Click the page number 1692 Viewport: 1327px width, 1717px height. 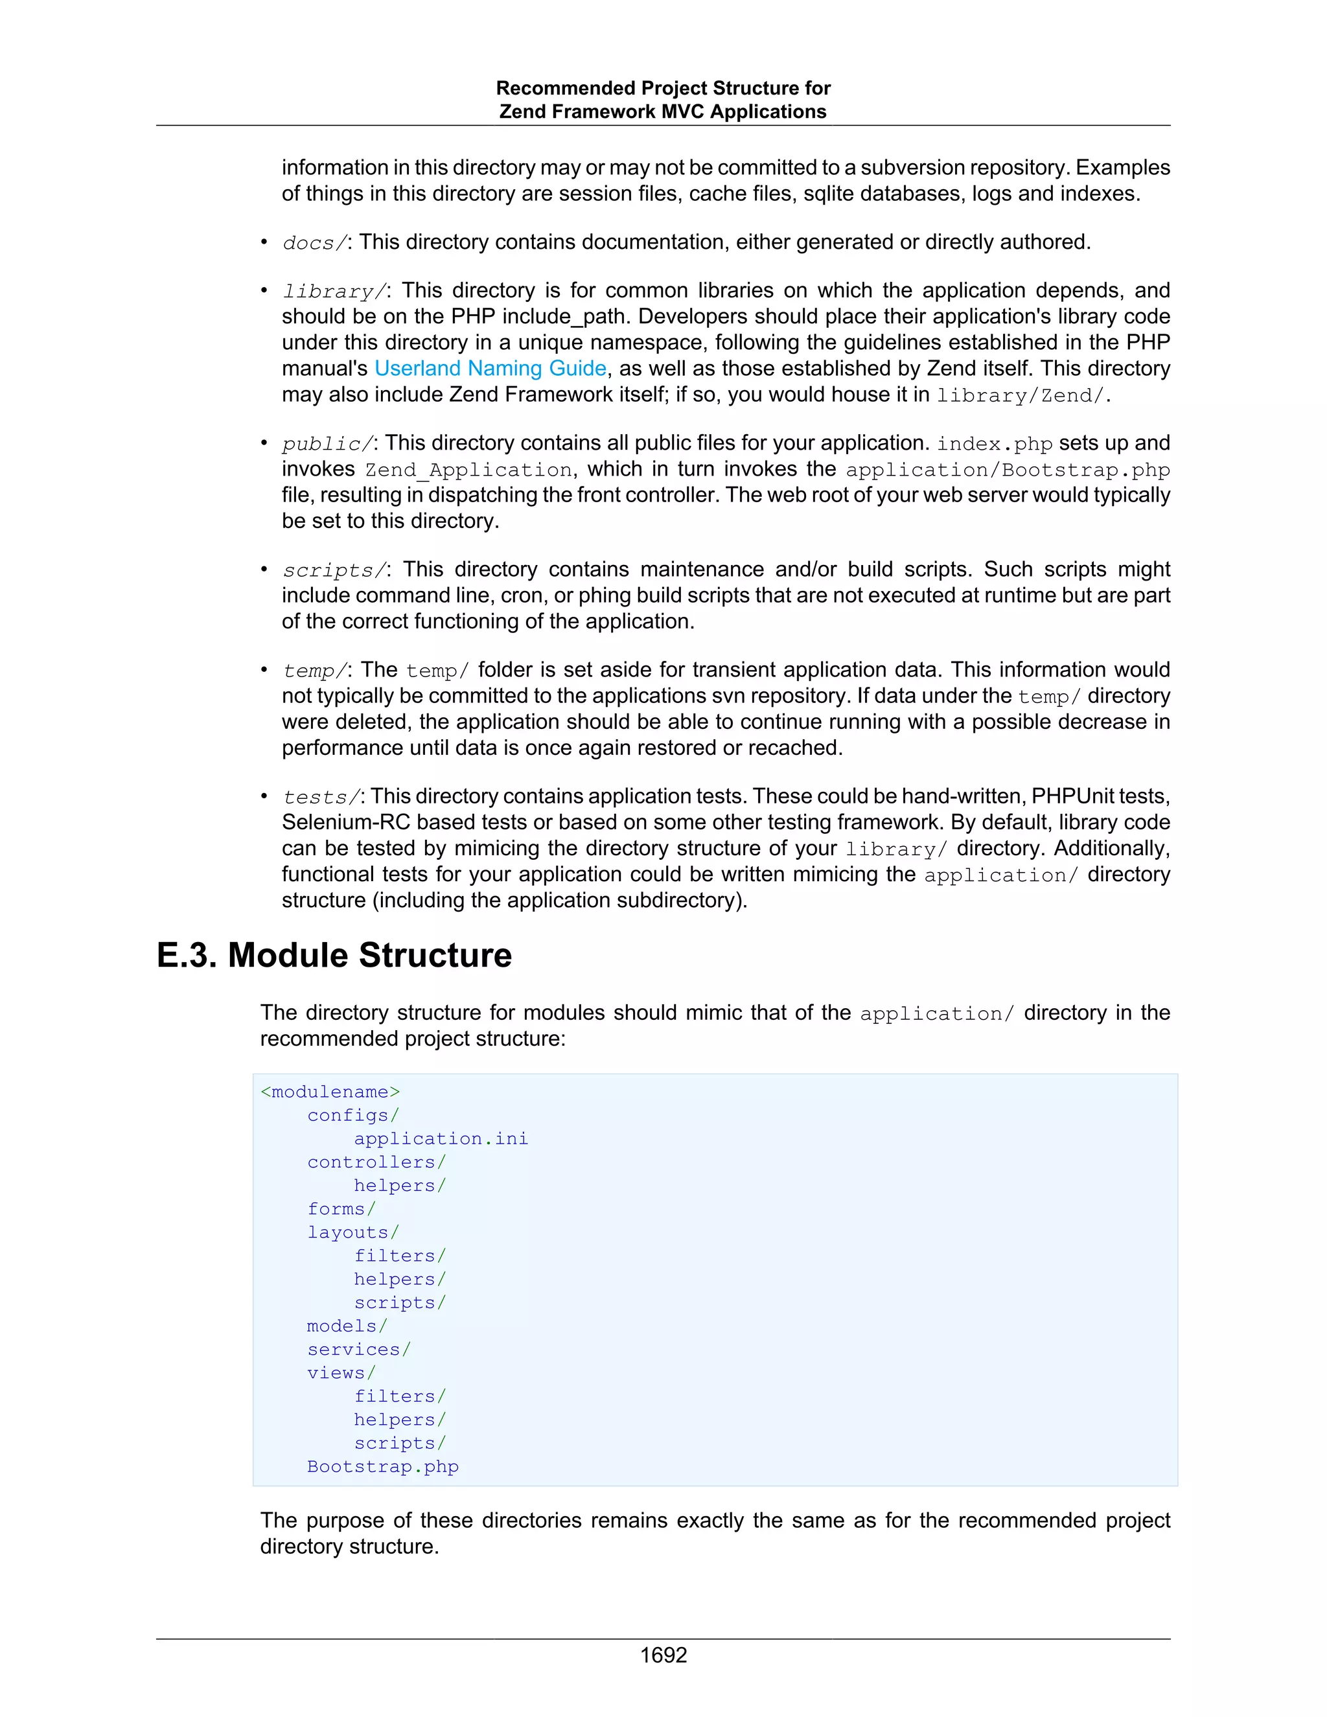click(x=663, y=1655)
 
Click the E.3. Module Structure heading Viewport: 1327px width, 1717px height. click(x=334, y=955)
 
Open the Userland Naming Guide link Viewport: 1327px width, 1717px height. click(x=490, y=368)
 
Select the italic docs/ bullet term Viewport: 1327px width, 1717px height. click(x=314, y=243)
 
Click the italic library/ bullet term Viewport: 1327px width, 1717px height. click(x=333, y=292)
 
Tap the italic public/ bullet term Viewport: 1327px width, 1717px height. click(x=327, y=444)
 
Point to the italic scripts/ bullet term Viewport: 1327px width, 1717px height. click(x=333, y=570)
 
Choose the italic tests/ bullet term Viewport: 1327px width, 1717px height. click(x=320, y=797)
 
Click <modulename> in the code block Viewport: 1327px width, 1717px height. click(x=330, y=1092)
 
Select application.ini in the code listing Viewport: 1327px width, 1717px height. click(x=440, y=1138)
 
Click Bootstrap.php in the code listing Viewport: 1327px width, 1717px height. click(x=383, y=1466)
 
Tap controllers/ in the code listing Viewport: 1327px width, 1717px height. click(x=376, y=1162)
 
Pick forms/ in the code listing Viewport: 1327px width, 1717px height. click(x=341, y=1209)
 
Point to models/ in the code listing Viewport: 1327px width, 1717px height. click(x=347, y=1326)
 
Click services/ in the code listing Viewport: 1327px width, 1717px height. click(x=358, y=1349)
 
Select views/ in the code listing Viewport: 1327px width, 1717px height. click(x=341, y=1373)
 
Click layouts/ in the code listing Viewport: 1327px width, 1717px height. click(x=353, y=1232)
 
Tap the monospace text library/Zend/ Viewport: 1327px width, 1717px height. click(x=1021, y=395)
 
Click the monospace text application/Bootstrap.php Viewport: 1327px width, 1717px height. click(x=1007, y=470)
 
